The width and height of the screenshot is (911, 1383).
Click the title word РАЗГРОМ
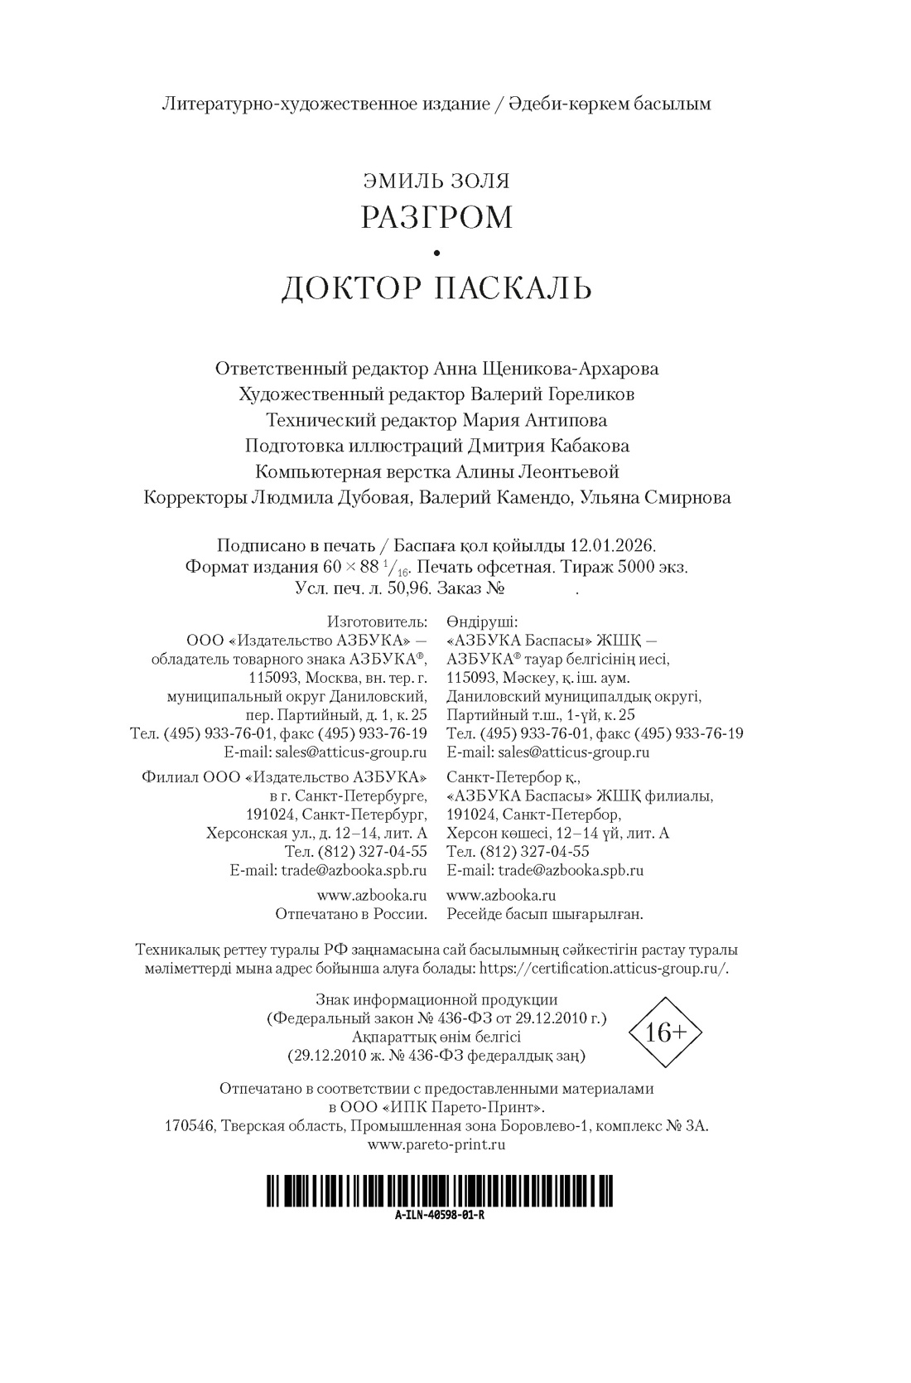436,217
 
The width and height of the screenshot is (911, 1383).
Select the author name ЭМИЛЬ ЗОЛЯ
436,180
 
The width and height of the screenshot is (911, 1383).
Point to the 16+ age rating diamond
666,1032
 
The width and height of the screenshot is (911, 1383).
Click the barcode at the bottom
440,1192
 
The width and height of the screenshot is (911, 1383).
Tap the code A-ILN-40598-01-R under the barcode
440,1216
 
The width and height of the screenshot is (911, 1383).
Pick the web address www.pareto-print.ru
436,1144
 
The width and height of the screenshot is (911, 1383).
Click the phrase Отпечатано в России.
351,914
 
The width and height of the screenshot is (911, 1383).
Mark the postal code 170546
190,1126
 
